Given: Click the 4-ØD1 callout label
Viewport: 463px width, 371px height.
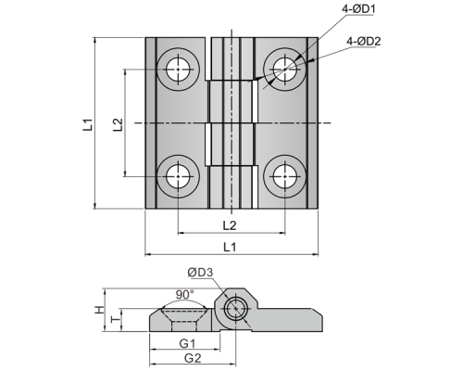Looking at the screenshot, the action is [x=358, y=9].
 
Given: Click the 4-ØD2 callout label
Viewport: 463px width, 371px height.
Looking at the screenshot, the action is [x=364, y=41].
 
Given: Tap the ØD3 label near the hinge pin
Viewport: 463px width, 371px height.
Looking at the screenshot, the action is [x=200, y=273].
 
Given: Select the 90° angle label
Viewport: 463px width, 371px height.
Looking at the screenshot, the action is [x=185, y=295].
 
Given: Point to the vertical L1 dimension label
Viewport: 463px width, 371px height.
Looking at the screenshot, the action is [x=88, y=124].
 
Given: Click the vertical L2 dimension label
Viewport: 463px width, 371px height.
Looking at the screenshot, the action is [x=118, y=124].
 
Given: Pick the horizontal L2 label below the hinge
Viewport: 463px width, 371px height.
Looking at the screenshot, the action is [x=230, y=225].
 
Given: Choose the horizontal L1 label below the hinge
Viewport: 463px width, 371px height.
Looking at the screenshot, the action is [x=230, y=247].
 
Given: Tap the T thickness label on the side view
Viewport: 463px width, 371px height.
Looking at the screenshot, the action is [x=116, y=320].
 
